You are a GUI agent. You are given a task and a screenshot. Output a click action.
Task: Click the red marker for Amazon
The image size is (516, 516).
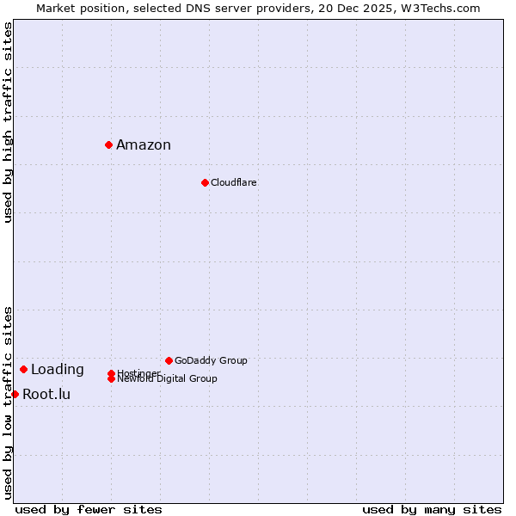click(109, 144)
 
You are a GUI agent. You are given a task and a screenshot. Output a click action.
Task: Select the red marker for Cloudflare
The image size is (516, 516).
click(205, 182)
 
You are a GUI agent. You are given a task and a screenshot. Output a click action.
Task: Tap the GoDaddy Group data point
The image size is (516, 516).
click(169, 360)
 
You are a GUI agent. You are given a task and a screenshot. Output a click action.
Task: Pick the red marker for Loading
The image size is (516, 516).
click(23, 369)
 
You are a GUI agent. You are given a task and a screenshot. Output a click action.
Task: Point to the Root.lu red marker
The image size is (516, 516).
click(15, 394)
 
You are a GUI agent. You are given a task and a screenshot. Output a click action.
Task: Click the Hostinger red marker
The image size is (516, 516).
click(111, 373)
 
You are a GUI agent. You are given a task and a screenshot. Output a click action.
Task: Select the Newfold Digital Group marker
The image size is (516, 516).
click(111, 378)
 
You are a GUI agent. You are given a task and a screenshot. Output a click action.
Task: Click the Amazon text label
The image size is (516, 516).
click(144, 144)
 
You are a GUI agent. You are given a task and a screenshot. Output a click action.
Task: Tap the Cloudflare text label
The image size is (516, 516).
click(234, 182)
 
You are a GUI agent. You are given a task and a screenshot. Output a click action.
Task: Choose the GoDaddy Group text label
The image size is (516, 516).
click(211, 360)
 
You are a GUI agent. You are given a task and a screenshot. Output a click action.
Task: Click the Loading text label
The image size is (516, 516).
click(58, 370)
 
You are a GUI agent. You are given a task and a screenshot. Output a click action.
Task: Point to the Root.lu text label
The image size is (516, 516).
click(46, 395)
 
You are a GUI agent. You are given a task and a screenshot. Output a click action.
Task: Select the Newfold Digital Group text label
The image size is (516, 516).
click(168, 379)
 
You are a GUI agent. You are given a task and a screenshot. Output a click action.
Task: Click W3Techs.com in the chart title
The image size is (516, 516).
click(439, 8)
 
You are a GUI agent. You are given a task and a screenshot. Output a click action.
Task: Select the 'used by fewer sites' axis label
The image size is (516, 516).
click(89, 509)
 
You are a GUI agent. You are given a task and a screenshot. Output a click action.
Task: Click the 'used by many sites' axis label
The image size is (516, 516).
click(432, 509)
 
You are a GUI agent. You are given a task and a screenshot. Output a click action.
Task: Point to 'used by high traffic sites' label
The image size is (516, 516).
click(8, 122)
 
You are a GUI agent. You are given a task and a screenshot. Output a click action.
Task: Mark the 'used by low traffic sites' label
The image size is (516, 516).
click(8, 402)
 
